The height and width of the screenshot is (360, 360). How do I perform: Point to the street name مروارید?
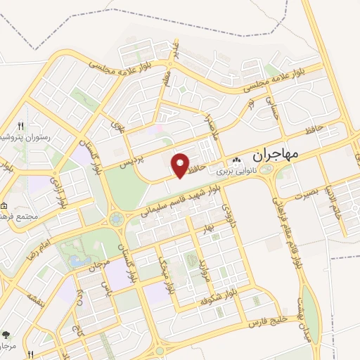click(x=205, y=269)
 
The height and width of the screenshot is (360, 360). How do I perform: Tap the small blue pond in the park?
click(x=76, y=259)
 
